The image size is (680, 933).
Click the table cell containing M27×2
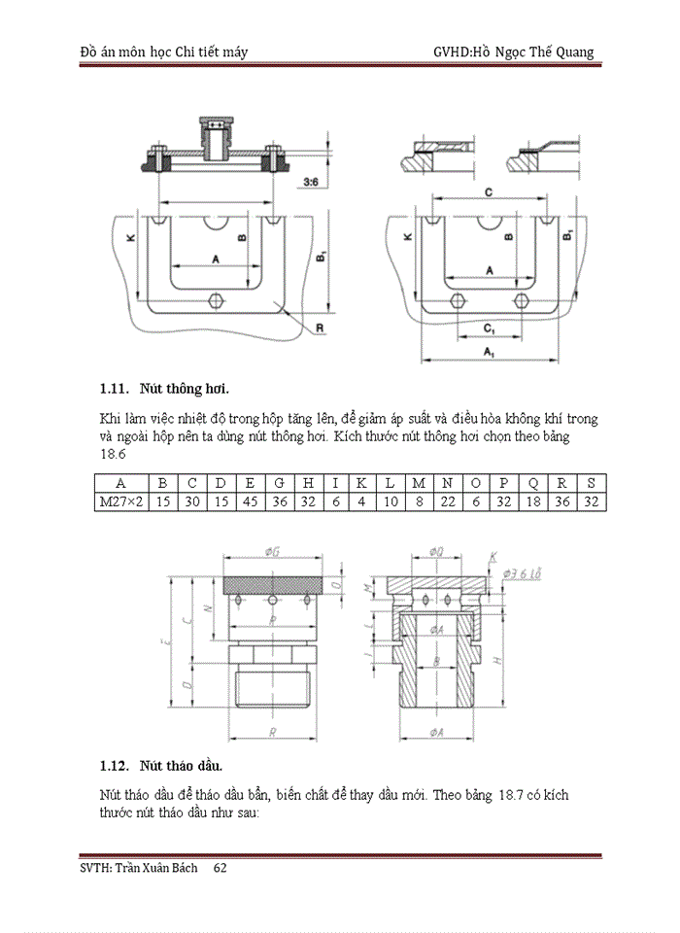click(120, 501)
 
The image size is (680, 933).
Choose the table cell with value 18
click(533, 501)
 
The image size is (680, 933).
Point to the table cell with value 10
click(390, 501)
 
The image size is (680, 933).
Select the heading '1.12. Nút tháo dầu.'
click(161, 765)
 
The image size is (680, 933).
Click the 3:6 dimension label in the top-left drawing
click(314, 182)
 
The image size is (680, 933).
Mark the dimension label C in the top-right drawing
click(488, 193)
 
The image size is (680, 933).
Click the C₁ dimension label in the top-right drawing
click(489, 329)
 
